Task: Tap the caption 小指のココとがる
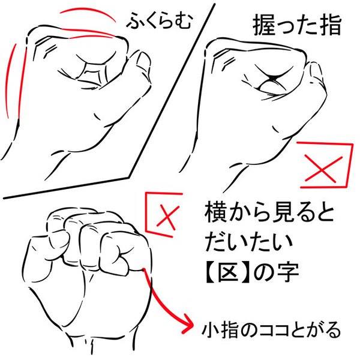(271, 331)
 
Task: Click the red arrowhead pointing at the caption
(188, 326)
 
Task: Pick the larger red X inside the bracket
(322, 169)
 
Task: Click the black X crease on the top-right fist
(272, 77)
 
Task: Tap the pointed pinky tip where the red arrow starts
(143, 269)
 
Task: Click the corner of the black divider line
(129, 178)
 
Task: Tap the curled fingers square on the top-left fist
(94, 73)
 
